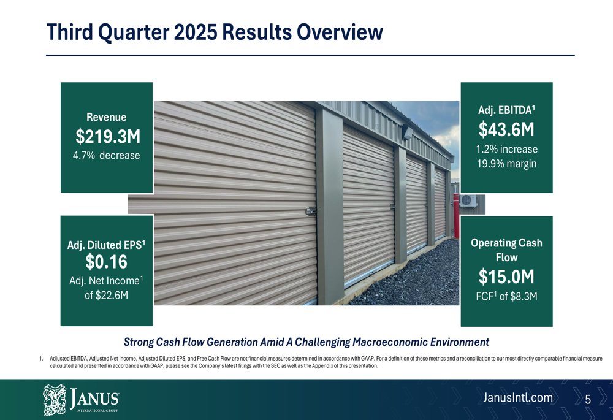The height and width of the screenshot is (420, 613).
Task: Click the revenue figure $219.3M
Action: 106,136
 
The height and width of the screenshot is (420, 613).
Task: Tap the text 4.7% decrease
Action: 106,156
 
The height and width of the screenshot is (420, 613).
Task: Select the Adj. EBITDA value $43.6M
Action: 506,129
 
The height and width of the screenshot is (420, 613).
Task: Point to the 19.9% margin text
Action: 506,164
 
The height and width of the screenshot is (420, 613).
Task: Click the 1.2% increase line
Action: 506,149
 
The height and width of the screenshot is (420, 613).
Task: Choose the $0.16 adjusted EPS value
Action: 106,262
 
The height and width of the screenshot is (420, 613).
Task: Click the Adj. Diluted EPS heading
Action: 106,245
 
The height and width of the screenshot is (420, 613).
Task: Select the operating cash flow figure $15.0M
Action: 506,277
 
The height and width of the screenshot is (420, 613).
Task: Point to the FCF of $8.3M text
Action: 506,297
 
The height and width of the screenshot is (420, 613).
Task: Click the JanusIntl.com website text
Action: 518,399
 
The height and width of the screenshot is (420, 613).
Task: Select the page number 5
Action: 588,400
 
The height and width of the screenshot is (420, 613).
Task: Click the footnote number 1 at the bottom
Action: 40,358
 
